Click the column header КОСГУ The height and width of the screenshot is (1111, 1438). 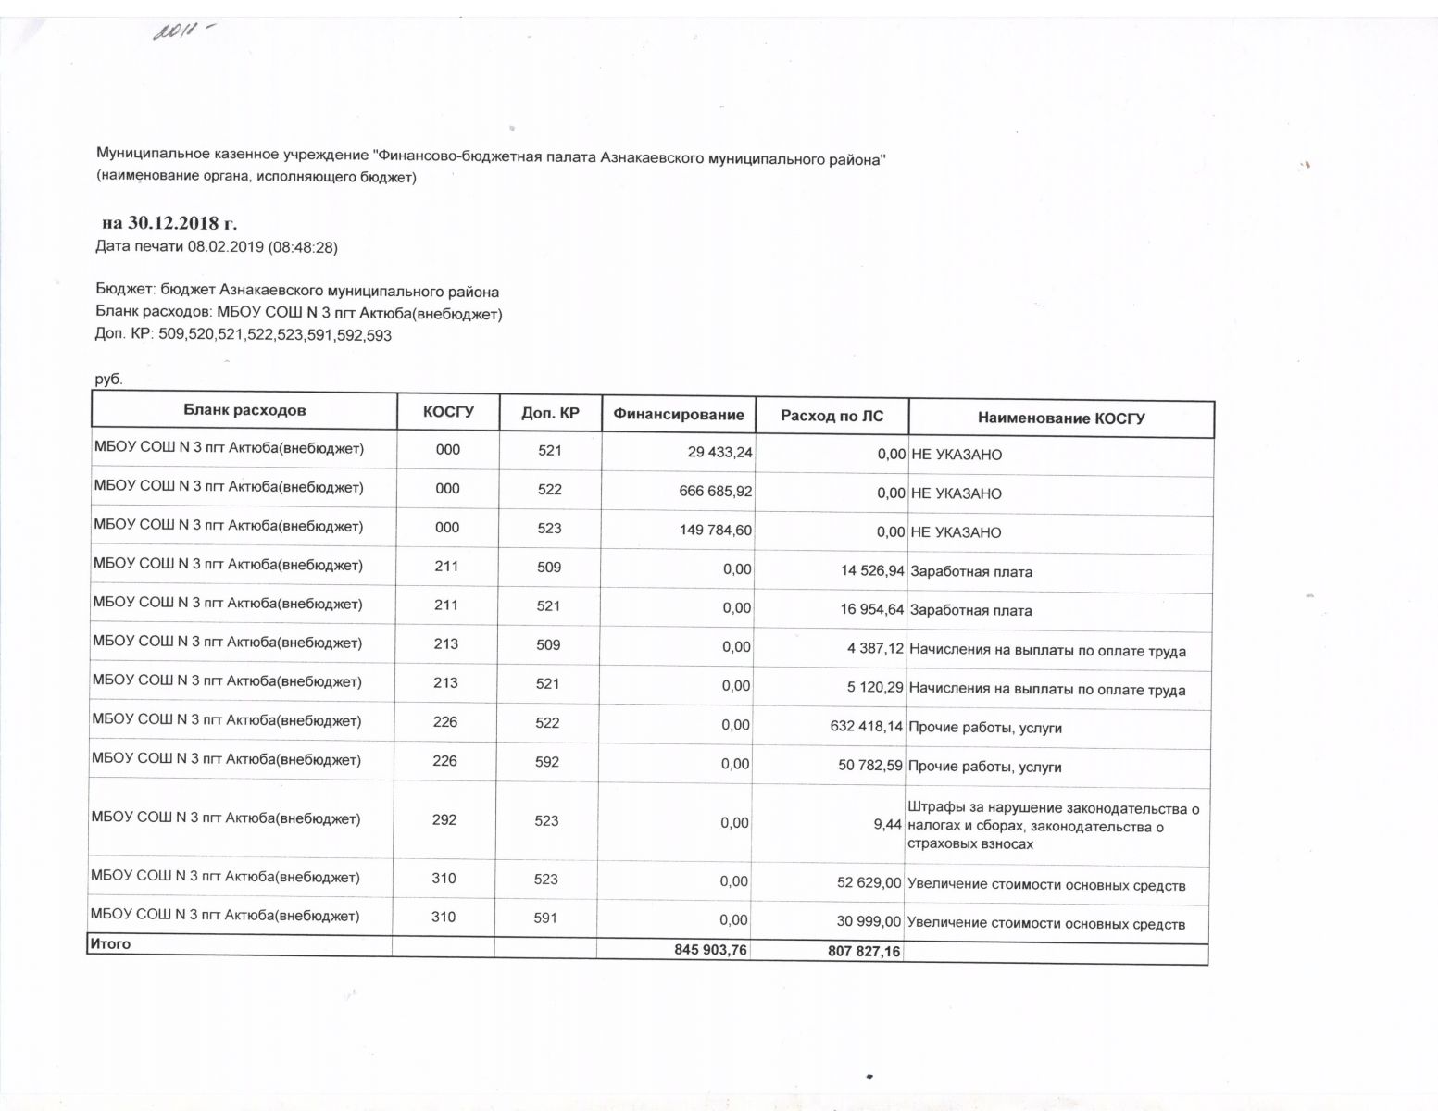tap(448, 412)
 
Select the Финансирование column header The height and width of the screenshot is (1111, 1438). tap(679, 415)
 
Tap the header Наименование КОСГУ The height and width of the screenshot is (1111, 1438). tap(1061, 418)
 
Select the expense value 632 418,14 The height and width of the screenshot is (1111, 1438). tap(866, 726)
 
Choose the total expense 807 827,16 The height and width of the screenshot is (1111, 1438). tap(863, 951)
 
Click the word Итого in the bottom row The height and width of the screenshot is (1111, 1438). tap(110, 944)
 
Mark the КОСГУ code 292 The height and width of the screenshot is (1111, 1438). tap(444, 819)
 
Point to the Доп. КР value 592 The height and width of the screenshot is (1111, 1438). tap(547, 761)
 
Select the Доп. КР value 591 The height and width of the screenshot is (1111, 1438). tap(545, 918)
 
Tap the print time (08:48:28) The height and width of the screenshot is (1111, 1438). tap(303, 247)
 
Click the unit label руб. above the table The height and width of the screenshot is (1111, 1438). tap(108, 380)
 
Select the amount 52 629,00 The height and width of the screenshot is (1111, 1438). tap(869, 882)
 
